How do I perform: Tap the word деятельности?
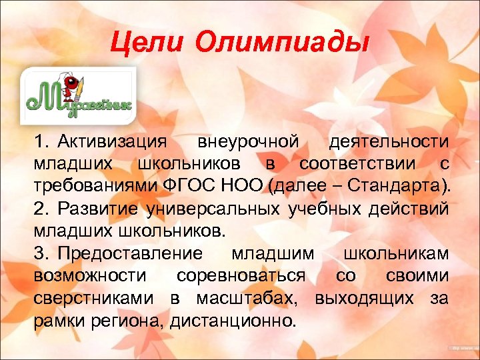click(x=389, y=142)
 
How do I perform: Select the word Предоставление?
click(x=130, y=254)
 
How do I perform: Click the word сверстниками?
click(x=93, y=298)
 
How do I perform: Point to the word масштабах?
click(x=245, y=298)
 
